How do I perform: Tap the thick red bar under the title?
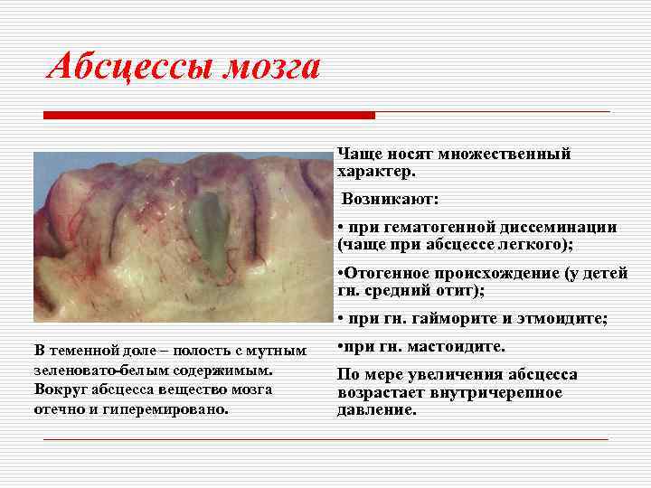[209, 115]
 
